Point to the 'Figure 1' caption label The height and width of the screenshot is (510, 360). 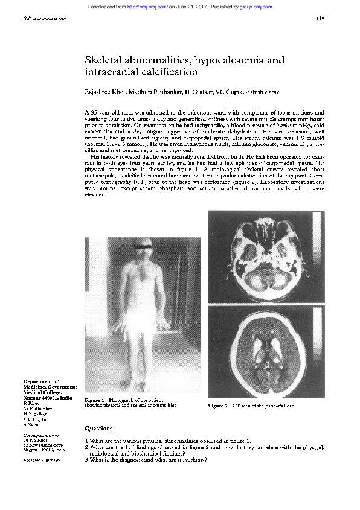pos(95,401)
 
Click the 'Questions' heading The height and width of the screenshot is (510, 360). pos(99,427)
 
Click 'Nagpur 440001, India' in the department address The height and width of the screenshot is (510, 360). pos(48,399)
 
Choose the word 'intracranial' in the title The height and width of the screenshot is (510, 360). pos(109,73)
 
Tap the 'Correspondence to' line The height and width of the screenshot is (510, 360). pos(41,435)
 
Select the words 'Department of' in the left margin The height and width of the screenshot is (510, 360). pos(41,382)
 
